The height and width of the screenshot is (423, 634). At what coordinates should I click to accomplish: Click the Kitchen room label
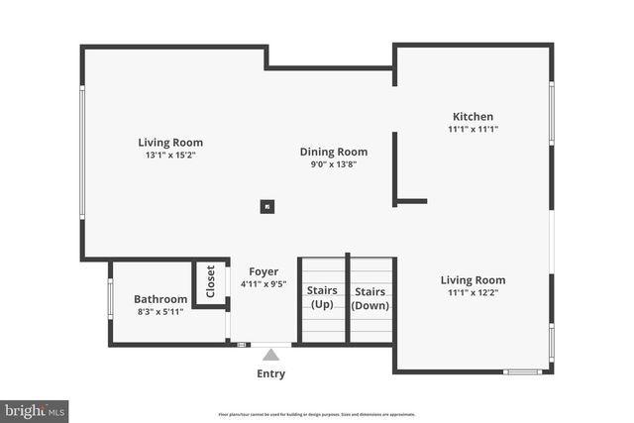tap(473, 116)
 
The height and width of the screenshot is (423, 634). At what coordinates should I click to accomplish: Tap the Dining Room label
tap(334, 152)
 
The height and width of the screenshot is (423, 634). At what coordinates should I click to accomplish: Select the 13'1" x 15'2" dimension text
tap(170, 156)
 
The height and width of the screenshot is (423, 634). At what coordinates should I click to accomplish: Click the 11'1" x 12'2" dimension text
tap(473, 293)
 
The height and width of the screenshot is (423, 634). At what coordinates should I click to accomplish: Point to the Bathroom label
tap(160, 299)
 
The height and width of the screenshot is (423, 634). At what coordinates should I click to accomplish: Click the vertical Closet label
tap(210, 282)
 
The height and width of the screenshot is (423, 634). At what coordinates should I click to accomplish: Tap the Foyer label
tap(264, 271)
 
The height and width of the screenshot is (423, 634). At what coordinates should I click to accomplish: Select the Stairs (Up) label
tap(322, 297)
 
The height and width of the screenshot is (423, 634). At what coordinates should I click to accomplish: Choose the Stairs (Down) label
tap(370, 297)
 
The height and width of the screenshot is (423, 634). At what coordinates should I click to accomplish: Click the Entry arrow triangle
tap(270, 354)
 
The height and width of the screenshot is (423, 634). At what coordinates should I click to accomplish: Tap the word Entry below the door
tap(270, 373)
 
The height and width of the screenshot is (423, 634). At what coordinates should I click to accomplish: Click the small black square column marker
tap(266, 207)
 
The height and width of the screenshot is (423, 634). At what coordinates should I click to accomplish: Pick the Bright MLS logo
tap(35, 409)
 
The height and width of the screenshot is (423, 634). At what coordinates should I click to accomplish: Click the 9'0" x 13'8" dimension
tap(334, 165)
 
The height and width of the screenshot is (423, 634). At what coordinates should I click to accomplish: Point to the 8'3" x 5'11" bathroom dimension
tap(160, 312)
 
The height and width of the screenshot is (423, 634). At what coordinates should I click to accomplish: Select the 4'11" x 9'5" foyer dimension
tap(264, 284)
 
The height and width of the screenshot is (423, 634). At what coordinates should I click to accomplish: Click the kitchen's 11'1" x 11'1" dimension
tap(473, 129)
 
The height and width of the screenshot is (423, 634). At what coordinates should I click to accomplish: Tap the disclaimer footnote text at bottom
tap(317, 414)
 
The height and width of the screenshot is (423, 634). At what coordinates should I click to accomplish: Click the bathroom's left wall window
tap(110, 299)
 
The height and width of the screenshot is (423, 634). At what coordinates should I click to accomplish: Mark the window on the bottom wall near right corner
tap(522, 371)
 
